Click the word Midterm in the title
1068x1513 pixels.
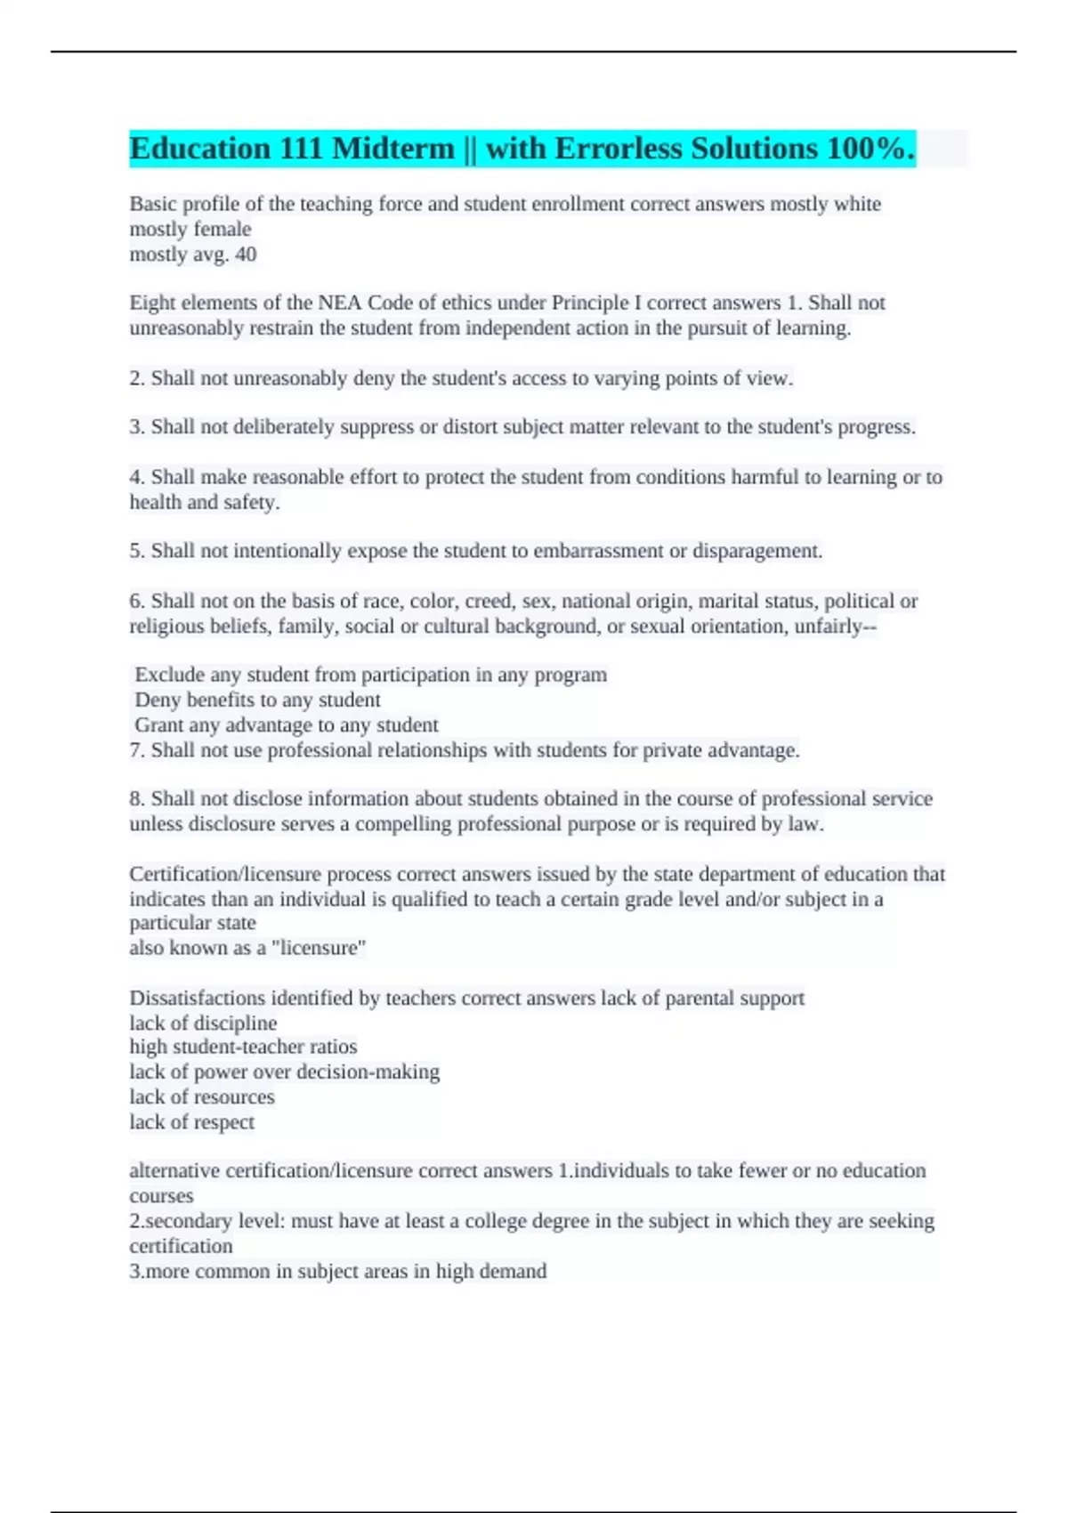[x=392, y=149]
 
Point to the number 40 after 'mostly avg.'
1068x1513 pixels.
[x=245, y=255]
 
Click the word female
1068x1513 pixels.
[x=222, y=230]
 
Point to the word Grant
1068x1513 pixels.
[x=158, y=725]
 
